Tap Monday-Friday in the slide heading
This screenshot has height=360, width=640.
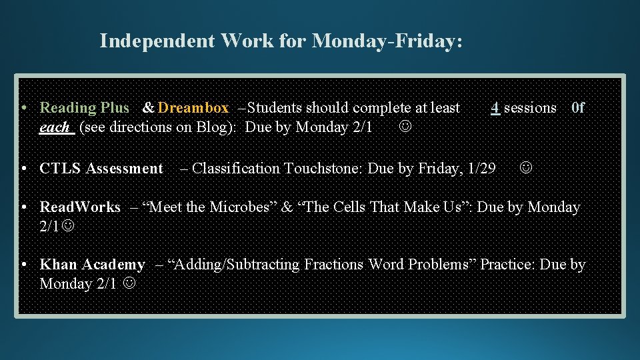[x=387, y=41]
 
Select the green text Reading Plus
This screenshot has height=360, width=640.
[x=85, y=107]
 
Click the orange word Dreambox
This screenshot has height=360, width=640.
[x=194, y=107]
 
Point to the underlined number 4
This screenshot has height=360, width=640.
[x=495, y=107]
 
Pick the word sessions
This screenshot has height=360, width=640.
[x=530, y=107]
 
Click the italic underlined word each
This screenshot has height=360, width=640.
[x=55, y=127]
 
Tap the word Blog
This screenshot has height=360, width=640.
[x=213, y=127]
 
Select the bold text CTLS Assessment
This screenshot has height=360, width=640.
[x=101, y=169]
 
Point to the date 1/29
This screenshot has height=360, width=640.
[x=482, y=169]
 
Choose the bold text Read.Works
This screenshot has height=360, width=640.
[x=80, y=207]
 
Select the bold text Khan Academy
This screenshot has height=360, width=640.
[x=92, y=265]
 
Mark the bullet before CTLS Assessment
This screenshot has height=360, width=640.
[x=23, y=169]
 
